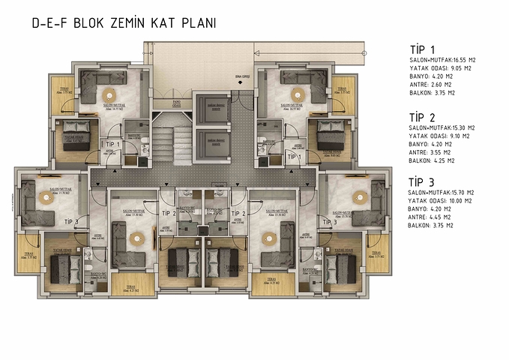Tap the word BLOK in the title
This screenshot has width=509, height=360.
(x=91, y=23)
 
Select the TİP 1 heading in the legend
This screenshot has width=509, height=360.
(x=422, y=49)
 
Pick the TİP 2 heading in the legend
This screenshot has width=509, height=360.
(x=423, y=118)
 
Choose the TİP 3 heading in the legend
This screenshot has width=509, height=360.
(x=423, y=182)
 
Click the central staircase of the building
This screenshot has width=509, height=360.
(x=172, y=142)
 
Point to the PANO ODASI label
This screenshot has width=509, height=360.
(x=177, y=103)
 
